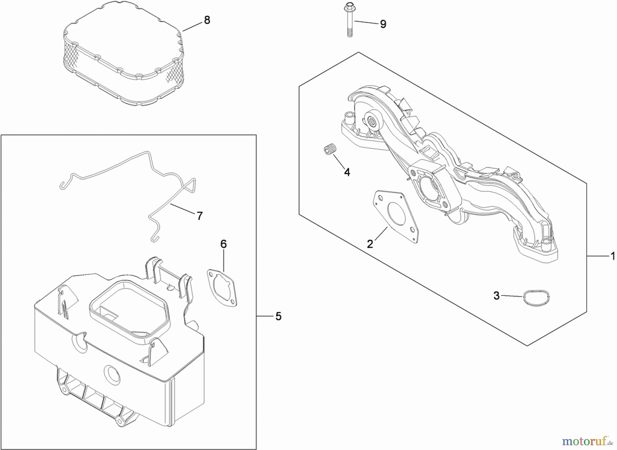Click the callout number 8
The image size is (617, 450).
point(207,20)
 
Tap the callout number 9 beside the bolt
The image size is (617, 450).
point(383,24)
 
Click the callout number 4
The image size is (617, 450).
point(347,172)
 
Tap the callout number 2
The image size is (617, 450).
point(370,244)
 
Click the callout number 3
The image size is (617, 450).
point(496,295)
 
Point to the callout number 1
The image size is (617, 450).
point(613,256)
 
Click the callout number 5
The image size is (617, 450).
point(278,316)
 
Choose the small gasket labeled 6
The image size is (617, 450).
point(222,287)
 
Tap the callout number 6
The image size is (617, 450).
point(223,244)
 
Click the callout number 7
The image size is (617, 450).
point(199,216)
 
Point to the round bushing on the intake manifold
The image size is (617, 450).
point(371,121)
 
